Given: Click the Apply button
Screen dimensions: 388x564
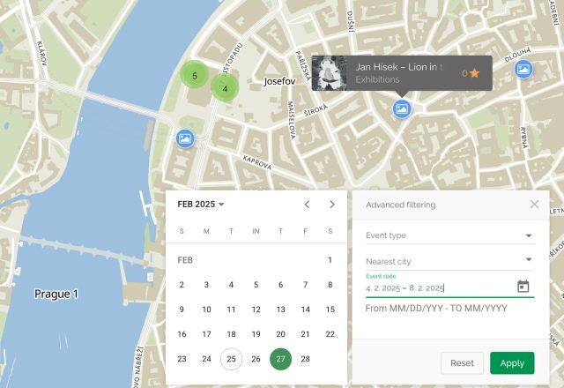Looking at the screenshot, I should coord(512,362).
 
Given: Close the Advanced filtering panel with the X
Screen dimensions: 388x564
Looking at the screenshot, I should coord(534,204).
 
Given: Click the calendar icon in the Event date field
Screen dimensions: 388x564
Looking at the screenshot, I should coord(523,287).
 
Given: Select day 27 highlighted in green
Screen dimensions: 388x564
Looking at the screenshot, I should coord(280,359).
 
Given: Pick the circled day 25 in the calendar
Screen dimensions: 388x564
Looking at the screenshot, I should coord(231,359).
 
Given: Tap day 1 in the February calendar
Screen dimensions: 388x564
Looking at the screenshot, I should coord(330,260).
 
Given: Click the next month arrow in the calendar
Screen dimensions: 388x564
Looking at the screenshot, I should coord(332,204).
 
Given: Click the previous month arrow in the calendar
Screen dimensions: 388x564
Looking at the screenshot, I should coord(307,204).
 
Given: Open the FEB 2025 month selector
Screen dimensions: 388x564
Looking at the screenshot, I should coord(201,204).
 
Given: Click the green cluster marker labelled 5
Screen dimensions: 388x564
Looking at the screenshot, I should coord(194,76).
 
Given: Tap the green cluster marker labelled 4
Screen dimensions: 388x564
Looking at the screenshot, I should coord(226,88).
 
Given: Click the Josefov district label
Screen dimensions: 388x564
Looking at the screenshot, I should coord(283,82).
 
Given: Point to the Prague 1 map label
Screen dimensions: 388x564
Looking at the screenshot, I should coord(56,294).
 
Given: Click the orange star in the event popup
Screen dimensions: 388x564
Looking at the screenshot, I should coord(475,73).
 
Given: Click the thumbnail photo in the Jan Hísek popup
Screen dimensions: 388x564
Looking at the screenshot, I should coord(330,73).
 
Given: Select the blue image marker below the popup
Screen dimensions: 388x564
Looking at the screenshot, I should coord(402,108).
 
